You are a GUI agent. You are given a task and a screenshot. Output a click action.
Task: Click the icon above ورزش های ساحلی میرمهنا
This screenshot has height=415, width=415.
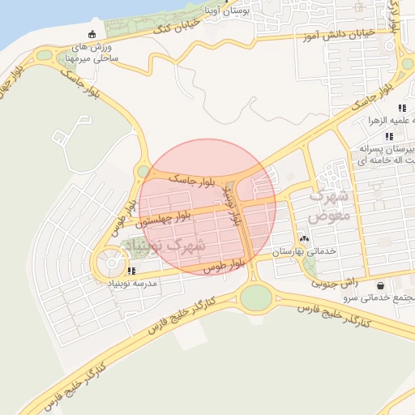tap(91, 34)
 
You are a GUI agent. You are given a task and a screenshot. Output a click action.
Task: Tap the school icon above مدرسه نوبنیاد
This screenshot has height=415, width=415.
tap(131, 270)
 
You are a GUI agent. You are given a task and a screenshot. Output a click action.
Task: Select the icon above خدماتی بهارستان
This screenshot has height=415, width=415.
tap(304, 239)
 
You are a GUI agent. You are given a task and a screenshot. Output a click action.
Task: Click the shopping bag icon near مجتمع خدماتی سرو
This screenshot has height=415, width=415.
tap(381, 285)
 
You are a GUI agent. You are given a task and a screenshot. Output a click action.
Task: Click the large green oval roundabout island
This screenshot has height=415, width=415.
tap(256, 297)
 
